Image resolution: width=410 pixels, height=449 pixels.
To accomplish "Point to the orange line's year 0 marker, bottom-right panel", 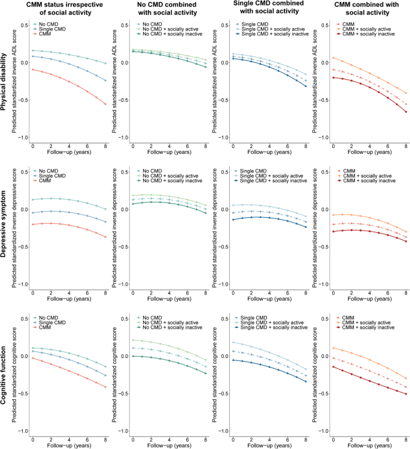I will (333, 348).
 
